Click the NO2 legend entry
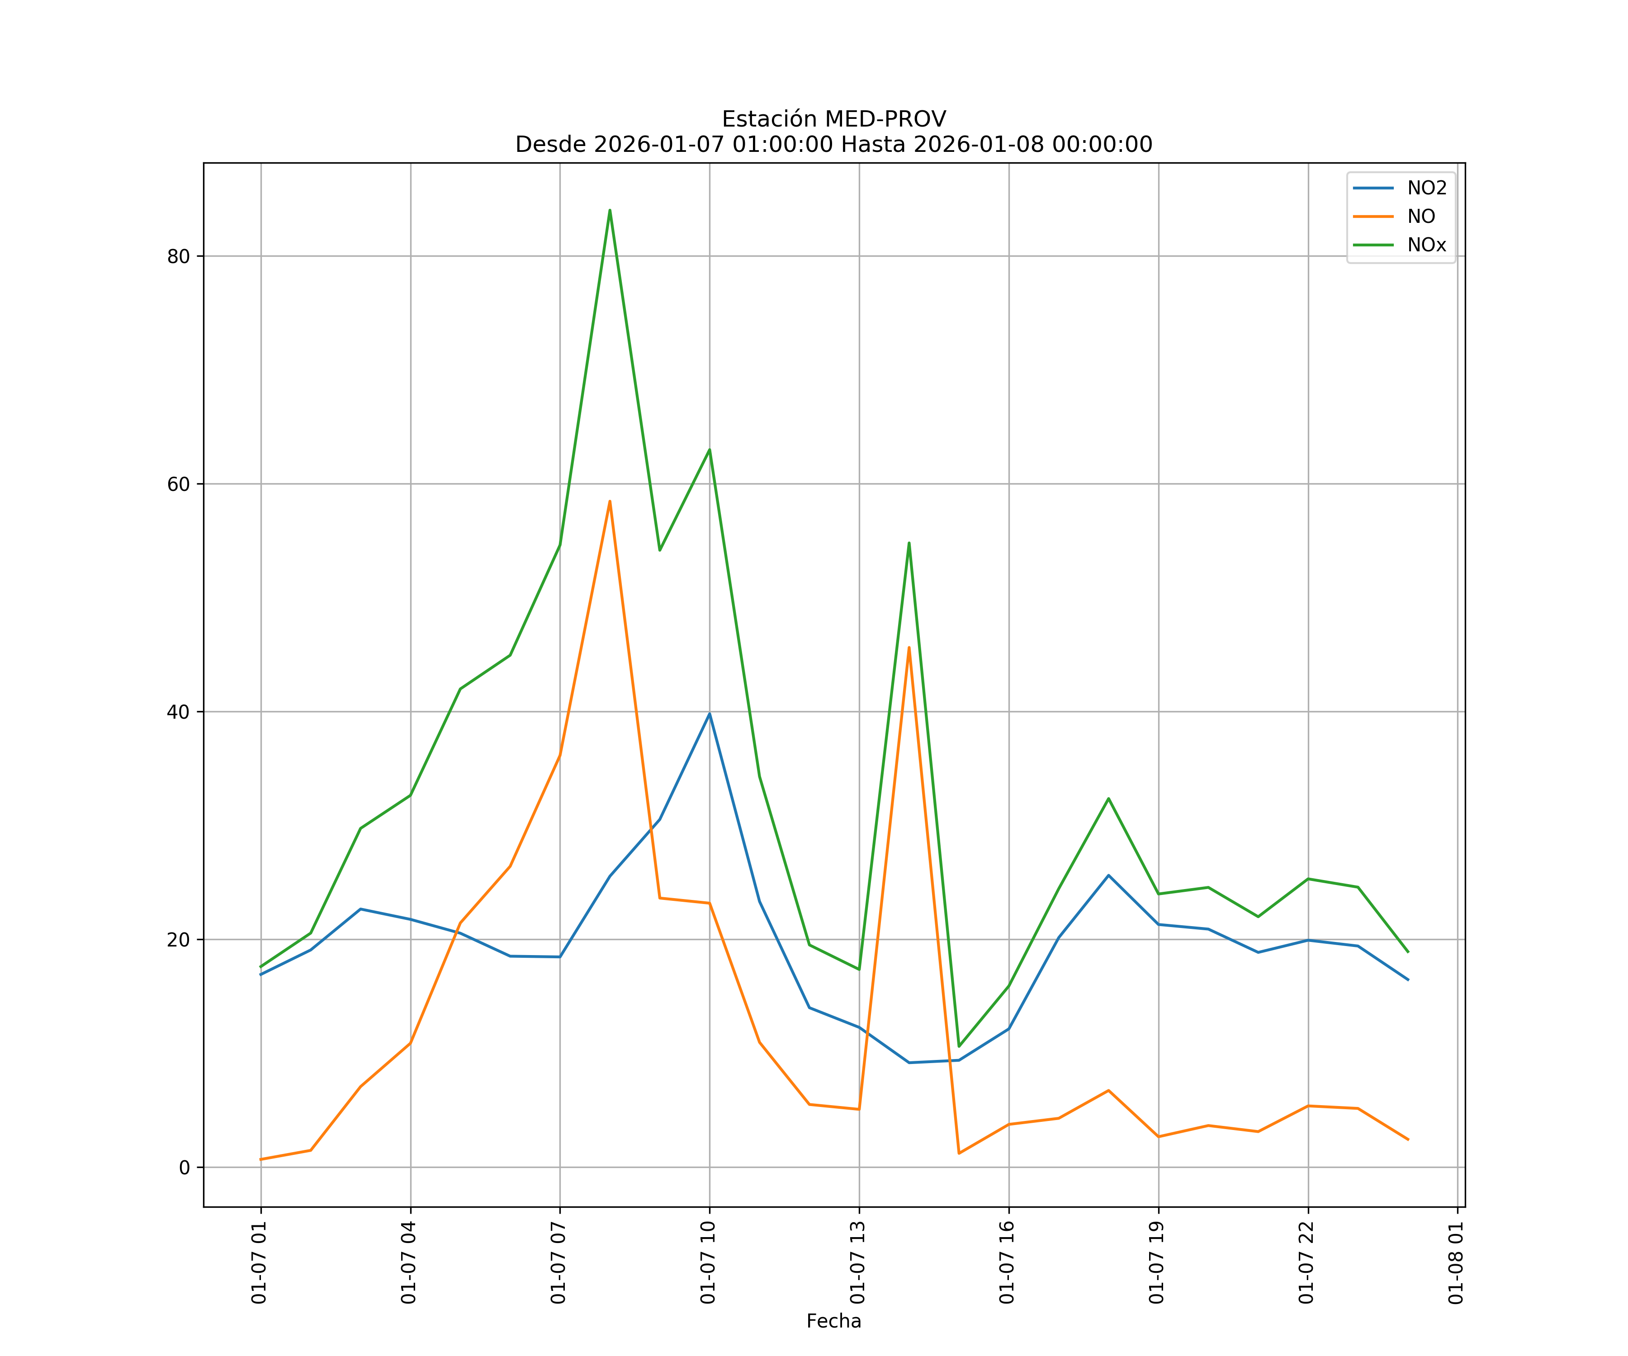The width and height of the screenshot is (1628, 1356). (1426, 188)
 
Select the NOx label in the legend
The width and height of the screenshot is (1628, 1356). (1426, 245)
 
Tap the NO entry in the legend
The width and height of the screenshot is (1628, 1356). (1421, 217)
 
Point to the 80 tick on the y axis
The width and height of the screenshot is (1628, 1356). (178, 256)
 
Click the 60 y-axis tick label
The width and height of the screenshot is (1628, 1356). (178, 484)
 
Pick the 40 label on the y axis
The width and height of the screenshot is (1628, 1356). (178, 712)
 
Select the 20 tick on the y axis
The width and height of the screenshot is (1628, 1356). (178, 940)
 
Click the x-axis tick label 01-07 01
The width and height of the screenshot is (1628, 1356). (260, 1263)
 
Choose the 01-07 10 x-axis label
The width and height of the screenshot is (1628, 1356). (709, 1263)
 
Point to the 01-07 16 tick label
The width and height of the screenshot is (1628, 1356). (1008, 1263)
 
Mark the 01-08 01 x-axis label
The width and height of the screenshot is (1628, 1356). (1457, 1263)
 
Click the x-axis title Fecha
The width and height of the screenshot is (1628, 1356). (833, 1321)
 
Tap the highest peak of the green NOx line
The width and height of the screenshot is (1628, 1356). (610, 210)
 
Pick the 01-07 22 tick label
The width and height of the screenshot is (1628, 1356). (1307, 1263)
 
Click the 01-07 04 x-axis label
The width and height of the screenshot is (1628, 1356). (409, 1263)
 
